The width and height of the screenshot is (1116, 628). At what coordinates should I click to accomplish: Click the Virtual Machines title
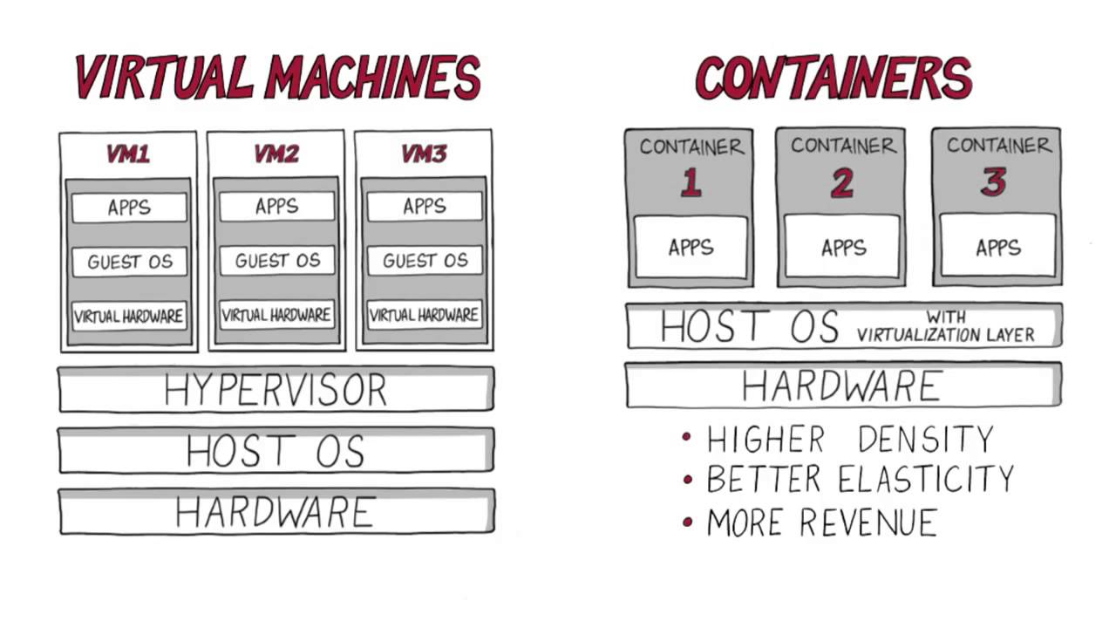pyautogui.click(x=277, y=77)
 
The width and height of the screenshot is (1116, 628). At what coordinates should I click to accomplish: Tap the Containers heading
pyautogui.click(x=834, y=78)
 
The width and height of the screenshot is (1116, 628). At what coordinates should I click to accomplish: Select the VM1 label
pyautogui.click(x=128, y=154)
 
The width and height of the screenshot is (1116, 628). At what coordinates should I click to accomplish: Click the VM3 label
pyautogui.click(x=424, y=154)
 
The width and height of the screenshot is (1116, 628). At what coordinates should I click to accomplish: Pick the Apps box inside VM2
pyautogui.click(x=276, y=207)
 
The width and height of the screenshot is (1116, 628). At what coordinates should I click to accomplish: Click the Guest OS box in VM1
pyautogui.click(x=129, y=261)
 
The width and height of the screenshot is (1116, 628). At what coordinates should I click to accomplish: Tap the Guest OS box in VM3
pyautogui.click(x=425, y=261)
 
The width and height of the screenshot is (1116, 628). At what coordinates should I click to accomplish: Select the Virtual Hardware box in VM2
pyautogui.click(x=276, y=315)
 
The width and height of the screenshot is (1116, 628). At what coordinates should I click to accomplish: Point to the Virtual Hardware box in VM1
pyautogui.click(x=129, y=315)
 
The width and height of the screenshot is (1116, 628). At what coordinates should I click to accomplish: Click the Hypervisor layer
pyautogui.click(x=276, y=390)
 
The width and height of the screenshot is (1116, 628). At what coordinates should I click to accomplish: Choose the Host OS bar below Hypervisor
pyautogui.click(x=276, y=450)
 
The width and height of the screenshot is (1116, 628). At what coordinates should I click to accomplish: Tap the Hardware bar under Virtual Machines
pyautogui.click(x=276, y=511)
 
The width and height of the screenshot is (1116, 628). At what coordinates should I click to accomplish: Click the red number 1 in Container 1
pyautogui.click(x=691, y=183)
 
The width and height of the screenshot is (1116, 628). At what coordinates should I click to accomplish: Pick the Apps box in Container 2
pyautogui.click(x=841, y=249)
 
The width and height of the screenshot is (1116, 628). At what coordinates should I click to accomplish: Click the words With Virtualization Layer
pyautogui.click(x=945, y=326)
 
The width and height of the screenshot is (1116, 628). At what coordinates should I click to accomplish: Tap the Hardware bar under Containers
pyautogui.click(x=842, y=386)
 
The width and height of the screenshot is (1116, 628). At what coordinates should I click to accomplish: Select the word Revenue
pyautogui.click(x=868, y=522)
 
